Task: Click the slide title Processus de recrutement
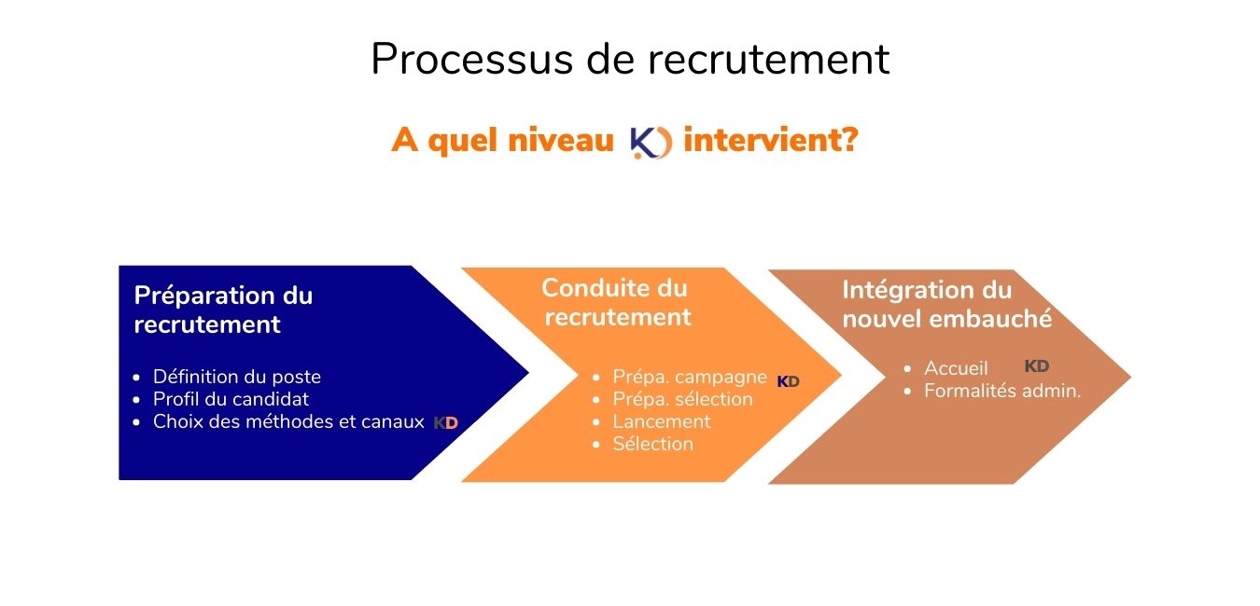pos(630,59)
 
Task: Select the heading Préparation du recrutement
pos(223,310)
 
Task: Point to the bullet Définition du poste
pos(237,377)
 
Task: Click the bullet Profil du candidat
pos(231,399)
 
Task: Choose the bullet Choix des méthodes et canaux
pos(288,421)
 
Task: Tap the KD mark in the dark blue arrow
pos(446,423)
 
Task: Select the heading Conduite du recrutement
pos(617,302)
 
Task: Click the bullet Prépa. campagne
pos(690,377)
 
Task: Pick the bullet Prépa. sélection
pos(682,399)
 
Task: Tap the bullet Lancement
pos(662,421)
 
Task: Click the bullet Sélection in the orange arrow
pos(652,444)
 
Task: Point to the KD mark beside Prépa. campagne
pos(788,382)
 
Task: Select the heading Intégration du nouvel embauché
pos(946,305)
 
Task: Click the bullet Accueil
pos(956,368)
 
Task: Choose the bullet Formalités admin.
pos(1002,391)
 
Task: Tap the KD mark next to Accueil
pos(1037,366)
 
